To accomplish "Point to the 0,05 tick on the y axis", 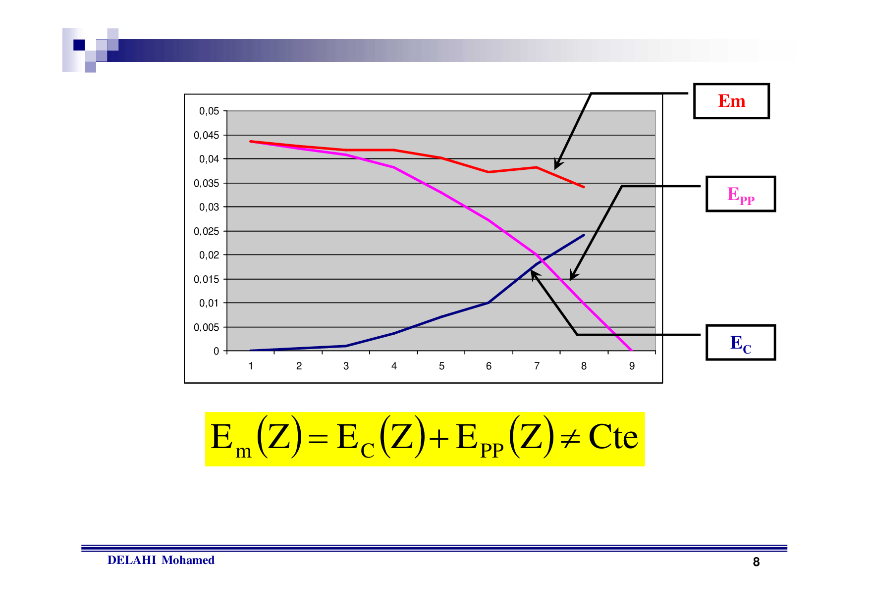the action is tap(209, 111).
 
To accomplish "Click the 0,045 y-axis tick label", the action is tap(207, 135).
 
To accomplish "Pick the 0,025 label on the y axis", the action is tap(207, 231).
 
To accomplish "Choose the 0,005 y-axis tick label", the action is tap(207, 327).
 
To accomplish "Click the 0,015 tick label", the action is tap(207, 279).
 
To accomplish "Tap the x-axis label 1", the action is tap(251, 366).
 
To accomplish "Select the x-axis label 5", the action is tap(441, 366).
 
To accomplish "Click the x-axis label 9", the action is tap(632, 366).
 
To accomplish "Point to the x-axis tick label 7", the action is tap(537, 366).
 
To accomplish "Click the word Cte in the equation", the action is tap(613, 437).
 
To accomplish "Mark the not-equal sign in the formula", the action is tap(570, 438).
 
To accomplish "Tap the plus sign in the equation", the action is tap(439, 439).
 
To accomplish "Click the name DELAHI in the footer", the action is tap(132, 560).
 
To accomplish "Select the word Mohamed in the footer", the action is tap(188, 560).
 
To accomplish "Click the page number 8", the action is tap(756, 562).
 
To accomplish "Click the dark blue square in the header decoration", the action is tap(79, 45).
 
